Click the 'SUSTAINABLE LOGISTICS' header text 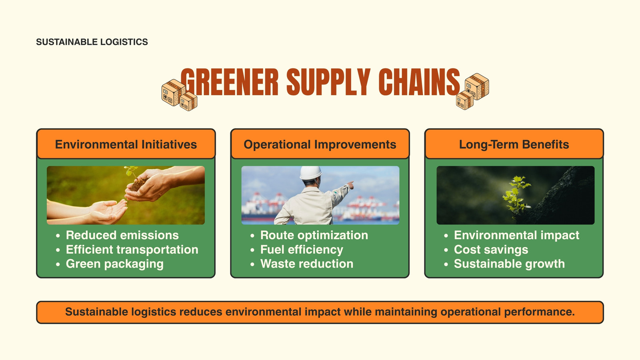(92, 42)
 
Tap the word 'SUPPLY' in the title (328, 82)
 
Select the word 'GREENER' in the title (230, 82)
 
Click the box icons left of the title (180, 95)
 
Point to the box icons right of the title (472, 92)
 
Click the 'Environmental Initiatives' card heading (126, 144)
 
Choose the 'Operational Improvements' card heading (320, 144)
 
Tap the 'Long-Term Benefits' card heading (514, 144)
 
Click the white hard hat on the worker (310, 172)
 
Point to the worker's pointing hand (350, 185)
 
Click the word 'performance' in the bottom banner (539, 312)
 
